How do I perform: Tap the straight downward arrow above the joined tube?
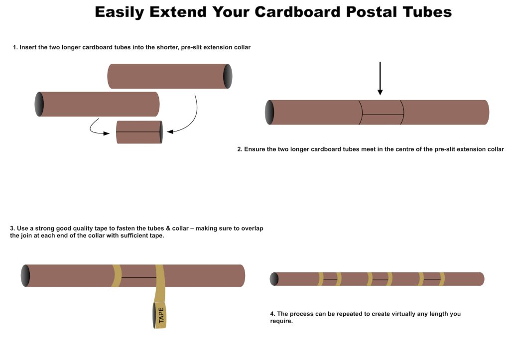point(380,78)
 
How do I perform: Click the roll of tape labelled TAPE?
point(159,315)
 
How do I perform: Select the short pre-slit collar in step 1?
point(139,132)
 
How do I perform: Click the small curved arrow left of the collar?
point(99,128)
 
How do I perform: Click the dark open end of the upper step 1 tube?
point(228,76)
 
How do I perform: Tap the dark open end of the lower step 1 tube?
point(39,104)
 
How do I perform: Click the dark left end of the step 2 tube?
point(269,112)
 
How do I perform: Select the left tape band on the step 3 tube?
point(117,276)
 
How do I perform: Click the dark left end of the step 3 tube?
point(25,276)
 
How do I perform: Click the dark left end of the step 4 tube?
point(274,279)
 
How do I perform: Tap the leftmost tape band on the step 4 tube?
point(321,279)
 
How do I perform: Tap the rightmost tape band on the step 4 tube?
point(442,279)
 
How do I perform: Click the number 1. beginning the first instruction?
point(15,47)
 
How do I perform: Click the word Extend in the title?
point(178,12)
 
